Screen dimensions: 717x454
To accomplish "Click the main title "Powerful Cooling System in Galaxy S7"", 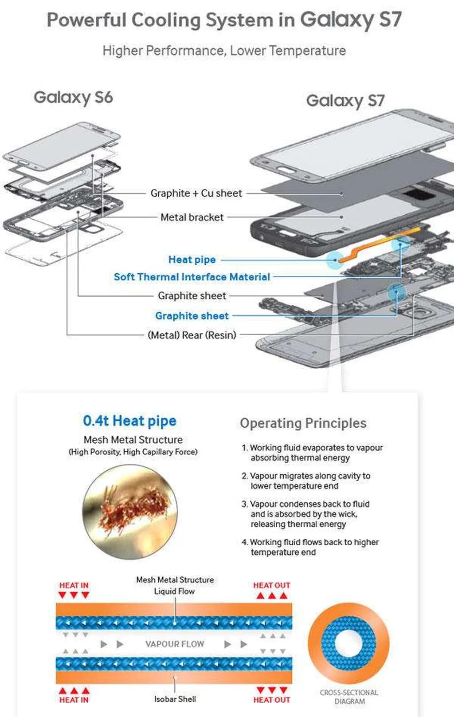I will pyautogui.click(x=224, y=20).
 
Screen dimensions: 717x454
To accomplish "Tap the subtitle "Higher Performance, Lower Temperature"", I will pyautogui.click(x=224, y=51).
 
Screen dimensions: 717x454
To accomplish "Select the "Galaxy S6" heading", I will pyautogui.click(x=73, y=97).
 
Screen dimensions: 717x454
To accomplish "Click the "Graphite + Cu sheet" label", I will pyautogui.click(x=196, y=193).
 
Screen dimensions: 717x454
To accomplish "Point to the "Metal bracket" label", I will pyautogui.click(x=192, y=217).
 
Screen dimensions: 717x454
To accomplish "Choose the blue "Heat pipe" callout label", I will pyautogui.click(x=192, y=260).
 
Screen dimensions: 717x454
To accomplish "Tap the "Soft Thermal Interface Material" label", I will pyautogui.click(x=192, y=277).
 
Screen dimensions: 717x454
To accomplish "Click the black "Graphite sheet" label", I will pyautogui.click(x=192, y=295).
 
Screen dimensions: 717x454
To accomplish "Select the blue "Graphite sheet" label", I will pyautogui.click(x=192, y=316).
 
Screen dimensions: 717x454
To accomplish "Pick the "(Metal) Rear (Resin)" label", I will pyautogui.click(x=192, y=335).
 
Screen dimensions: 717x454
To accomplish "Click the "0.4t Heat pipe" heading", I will pyautogui.click(x=129, y=421).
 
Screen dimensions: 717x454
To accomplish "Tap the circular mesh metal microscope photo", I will pyautogui.click(x=130, y=512).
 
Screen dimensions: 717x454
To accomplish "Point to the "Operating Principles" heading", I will pyautogui.click(x=303, y=423).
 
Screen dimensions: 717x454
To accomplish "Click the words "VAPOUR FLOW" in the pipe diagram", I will pyautogui.click(x=175, y=644).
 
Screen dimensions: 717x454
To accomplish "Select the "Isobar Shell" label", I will pyautogui.click(x=175, y=699).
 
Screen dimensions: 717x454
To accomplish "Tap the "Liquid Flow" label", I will pyautogui.click(x=174, y=591).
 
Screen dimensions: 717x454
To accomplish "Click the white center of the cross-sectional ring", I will pyautogui.click(x=348, y=643).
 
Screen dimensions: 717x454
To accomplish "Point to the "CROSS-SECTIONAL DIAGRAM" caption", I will pyautogui.click(x=349, y=697).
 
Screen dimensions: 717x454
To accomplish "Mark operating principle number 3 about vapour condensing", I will pyautogui.click(x=306, y=514).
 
